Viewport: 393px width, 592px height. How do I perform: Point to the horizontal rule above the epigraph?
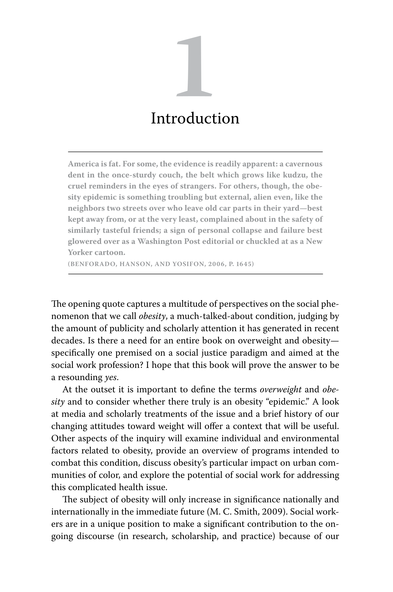(195, 152)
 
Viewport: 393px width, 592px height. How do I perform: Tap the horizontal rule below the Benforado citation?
(195, 274)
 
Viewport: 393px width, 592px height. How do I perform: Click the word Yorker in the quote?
(80, 252)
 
